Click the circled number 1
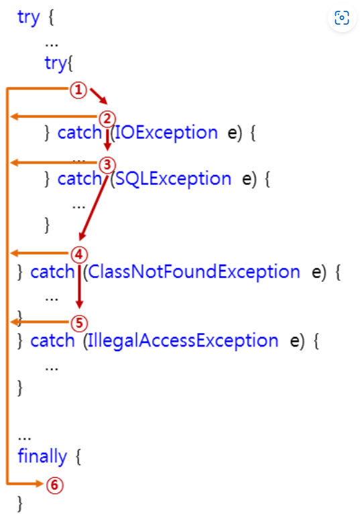click(x=78, y=90)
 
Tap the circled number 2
click(x=107, y=119)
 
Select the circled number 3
click(x=107, y=165)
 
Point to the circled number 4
click(x=79, y=255)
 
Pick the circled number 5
click(x=79, y=323)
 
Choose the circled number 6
click(x=54, y=485)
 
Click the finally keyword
click(x=42, y=456)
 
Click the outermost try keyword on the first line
click(x=29, y=17)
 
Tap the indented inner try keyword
click(x=56, y=63)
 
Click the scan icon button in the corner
click(x=342, y=17)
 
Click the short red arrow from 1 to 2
click(x=99, y=96)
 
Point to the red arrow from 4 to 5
click(x=79, y=286)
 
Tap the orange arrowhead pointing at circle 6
click(x=40, y=484)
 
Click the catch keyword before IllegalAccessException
click(x=52, y=340)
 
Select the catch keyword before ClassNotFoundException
click(x=52, y=272)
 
